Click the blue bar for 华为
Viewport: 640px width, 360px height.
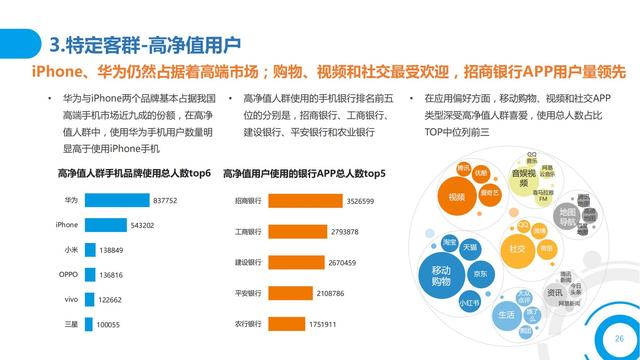pyautogui.click(x=116, y=200)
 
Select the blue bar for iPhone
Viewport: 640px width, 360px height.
pyautogui.click(x=107, y=225)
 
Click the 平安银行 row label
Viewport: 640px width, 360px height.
pyautogui.click(x=248, y=294)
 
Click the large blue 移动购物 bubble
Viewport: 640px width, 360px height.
pyautogui.click(x=441, y=276)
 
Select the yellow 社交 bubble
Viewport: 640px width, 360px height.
pyautogui.click(x=517, y=248)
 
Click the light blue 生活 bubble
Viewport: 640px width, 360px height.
pyautogui.click(x=506, y=314)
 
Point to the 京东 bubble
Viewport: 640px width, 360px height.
pyautogui.click(x=481, y=273)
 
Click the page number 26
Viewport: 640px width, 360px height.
pyautogui.click(x=605, y=340)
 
